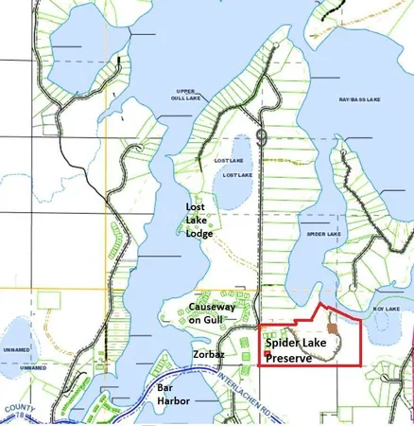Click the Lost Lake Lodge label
(x=198, y=220)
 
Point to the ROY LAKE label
(x=386, y=309)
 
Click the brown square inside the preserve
(x=332, y=334)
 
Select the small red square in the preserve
(x=267, y=354)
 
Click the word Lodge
(x=199, y=233)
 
